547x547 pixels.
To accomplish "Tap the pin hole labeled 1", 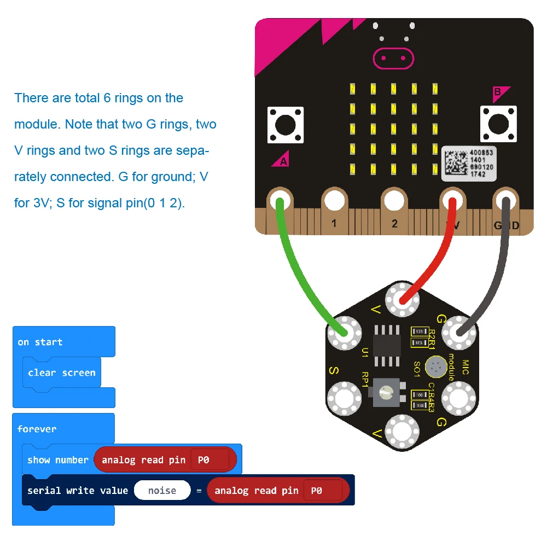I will coord(334,201).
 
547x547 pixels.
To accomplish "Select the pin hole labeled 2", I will coord(394,201).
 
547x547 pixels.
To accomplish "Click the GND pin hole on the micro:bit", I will coord(505,201).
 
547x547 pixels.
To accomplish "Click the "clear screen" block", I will coord(62,373).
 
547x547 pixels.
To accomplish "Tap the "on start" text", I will coord(40,342).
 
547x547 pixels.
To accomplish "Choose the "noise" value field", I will coord(162,491).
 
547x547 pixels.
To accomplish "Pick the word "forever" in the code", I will coord(37,429).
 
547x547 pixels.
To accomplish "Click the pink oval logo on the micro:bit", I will coord(392,57).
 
